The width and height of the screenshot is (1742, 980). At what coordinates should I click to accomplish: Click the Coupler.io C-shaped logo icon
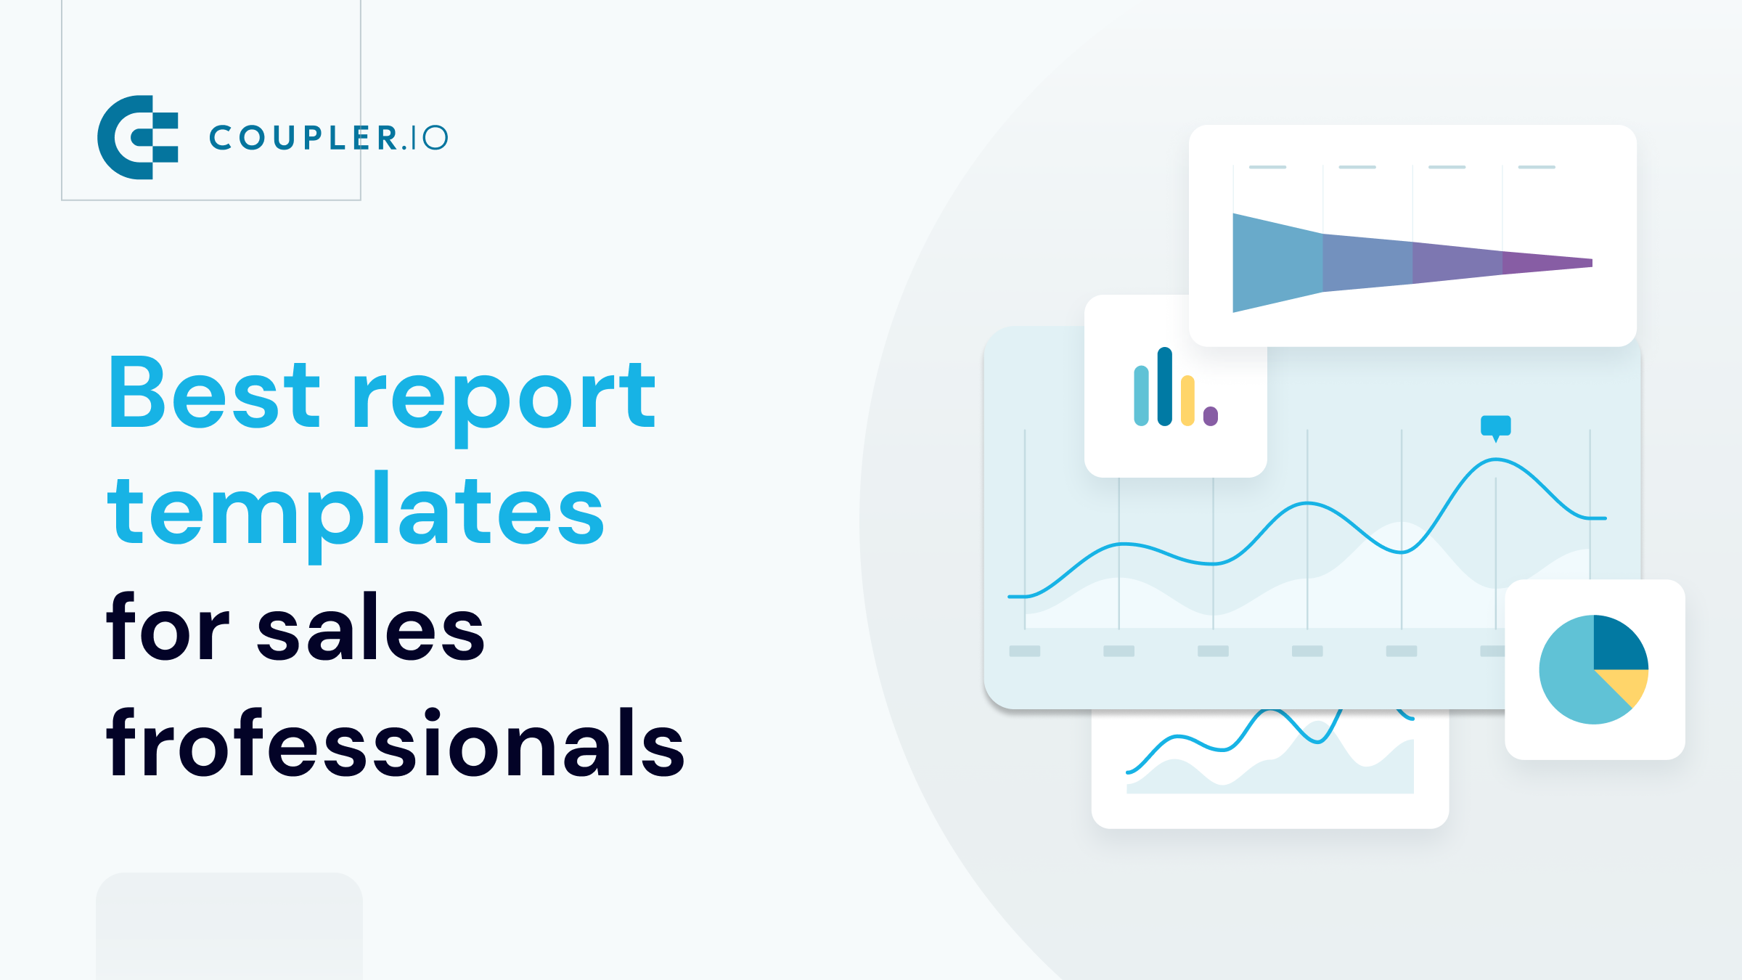pyautogui.click(x=137, y=137)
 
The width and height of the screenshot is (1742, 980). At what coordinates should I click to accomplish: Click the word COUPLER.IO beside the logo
pyautogui.click(x=328, y=137)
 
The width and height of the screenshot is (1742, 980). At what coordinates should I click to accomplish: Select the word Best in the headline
pyautogui.click(x=215, y=393)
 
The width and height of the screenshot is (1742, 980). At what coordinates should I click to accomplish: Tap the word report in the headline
pyautogui.click(x=504, y=398)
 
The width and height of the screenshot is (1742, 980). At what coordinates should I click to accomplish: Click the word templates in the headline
pyautogui.click(x=356, y=513)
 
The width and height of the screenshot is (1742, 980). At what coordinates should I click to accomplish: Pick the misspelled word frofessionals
pyautogui.click(x=396, y=745)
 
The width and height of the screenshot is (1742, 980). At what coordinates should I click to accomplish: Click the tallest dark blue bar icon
pyautogui.click(x=1164, y=386)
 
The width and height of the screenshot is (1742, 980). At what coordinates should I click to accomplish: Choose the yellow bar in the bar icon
pyautogui.click(x=1187, y=401)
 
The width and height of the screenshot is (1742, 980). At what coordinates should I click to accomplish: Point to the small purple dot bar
pyautogui.click(x=1210, y=416)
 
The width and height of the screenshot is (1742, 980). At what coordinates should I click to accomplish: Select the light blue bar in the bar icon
pyautogui.click(x=1141, y=396)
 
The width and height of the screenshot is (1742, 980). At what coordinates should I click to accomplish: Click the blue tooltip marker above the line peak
pyautogui.click(x=1495, y=426)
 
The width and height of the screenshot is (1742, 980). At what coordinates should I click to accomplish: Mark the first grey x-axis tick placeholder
pyautogui.click(x=1025, y=651)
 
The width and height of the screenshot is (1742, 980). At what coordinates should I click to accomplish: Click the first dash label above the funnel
pyautogui.click(x=1267, y=167)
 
